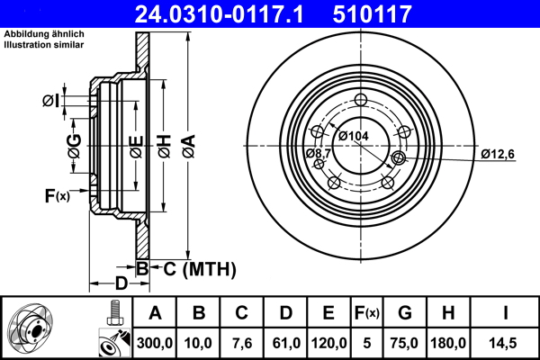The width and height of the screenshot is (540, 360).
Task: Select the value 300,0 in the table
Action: point(155,342)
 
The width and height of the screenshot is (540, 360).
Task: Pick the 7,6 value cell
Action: point(241,342)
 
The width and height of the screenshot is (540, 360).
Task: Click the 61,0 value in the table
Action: point(284,342)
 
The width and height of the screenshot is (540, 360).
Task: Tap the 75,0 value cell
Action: point(405,342)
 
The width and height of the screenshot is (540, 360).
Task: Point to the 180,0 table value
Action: point(449,342)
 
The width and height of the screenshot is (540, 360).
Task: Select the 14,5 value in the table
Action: point(506,342)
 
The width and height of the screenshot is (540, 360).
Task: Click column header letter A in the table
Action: point(155,314)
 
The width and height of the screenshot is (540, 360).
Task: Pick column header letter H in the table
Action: point(449,314)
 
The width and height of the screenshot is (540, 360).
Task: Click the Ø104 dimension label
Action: point(354,135)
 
